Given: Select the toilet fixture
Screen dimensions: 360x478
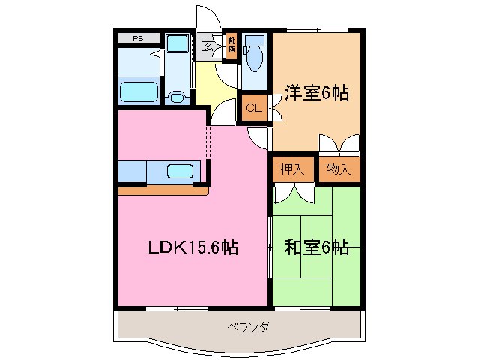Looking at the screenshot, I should coord(255,55).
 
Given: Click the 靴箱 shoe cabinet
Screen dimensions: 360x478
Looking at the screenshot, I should coord(232,44).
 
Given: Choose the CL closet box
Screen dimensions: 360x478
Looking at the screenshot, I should coord(255,108).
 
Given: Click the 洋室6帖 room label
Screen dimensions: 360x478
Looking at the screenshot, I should coord(315,93).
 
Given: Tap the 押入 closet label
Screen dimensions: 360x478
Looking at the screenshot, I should coord(293,169).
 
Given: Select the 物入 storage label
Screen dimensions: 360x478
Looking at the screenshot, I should coord(339,169).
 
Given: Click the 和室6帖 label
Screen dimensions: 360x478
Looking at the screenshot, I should coord(315,247).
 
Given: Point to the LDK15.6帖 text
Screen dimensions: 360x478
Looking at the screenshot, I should coord(193,247).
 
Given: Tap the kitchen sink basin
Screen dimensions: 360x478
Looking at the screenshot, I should coord(180,170).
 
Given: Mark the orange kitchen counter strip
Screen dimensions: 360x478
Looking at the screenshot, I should coord(162,190).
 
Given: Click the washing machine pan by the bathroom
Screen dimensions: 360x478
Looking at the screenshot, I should coord(177,44).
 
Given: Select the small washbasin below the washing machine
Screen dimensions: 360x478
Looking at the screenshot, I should coord(178,96).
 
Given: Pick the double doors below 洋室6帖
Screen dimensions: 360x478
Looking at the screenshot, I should coord(338,144).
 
